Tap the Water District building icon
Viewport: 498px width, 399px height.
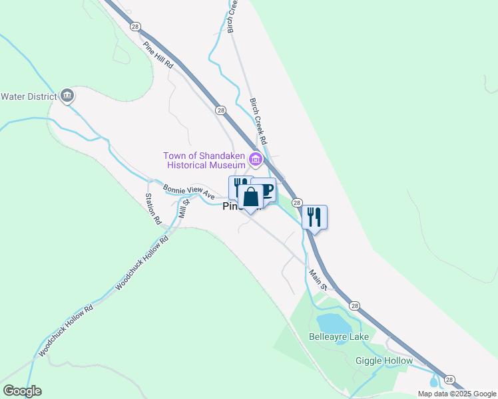point(67,96)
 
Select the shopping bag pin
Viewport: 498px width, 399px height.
point(251,198)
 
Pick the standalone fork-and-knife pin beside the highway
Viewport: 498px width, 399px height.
point(314,217)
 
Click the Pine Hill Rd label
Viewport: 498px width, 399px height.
point(158,56)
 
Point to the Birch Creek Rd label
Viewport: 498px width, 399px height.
point(258,122)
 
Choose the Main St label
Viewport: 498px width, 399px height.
point(319,279)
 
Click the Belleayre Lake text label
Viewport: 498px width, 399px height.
point(339,337)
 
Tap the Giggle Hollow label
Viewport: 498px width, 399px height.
point(384,361)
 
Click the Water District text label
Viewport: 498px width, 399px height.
point(29,96)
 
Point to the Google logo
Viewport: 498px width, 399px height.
point(22,391)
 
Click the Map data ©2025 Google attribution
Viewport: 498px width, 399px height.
point(456,394)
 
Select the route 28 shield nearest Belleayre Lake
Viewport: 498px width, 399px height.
point(355,306)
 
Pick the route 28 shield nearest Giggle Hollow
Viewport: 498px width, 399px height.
point(450,379)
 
